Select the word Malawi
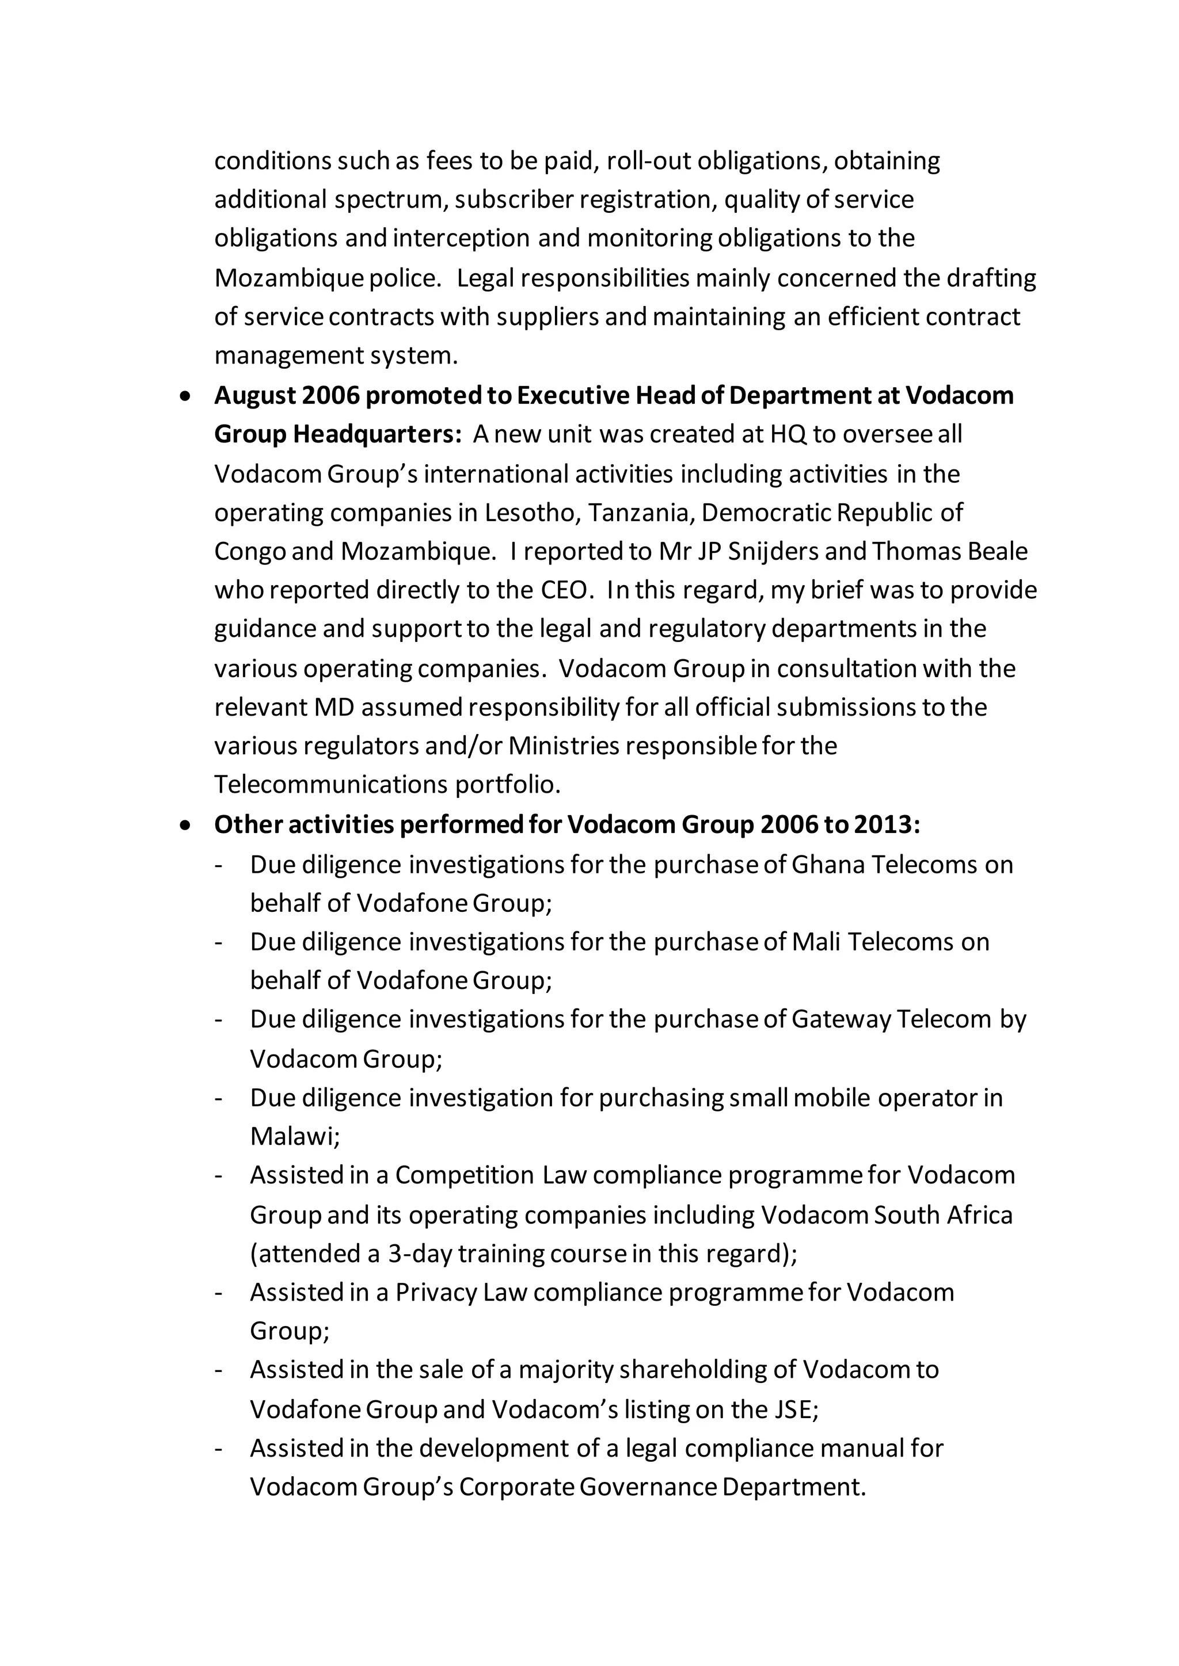click(295, 1136)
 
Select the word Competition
click(465, 1175)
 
